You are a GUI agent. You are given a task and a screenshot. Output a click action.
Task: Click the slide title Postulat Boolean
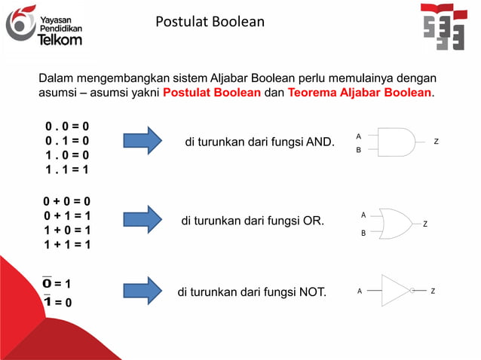210,22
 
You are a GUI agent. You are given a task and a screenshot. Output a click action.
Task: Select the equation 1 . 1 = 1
66,169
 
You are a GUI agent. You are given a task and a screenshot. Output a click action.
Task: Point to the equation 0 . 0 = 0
66,125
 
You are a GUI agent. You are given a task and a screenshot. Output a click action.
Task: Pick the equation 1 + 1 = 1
66,245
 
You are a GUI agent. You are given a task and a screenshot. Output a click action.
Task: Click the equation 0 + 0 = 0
66,201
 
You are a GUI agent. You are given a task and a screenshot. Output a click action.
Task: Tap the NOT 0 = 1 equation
57,283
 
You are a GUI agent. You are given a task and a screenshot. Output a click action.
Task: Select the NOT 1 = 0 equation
57,302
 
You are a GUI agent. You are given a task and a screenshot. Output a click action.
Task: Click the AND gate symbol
395,142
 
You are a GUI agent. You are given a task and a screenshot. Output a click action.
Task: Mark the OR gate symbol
395,224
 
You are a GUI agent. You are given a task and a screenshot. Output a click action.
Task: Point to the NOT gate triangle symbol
397,290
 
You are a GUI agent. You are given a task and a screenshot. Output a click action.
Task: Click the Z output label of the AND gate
436,142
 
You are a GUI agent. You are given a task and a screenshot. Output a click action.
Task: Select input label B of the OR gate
363,233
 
